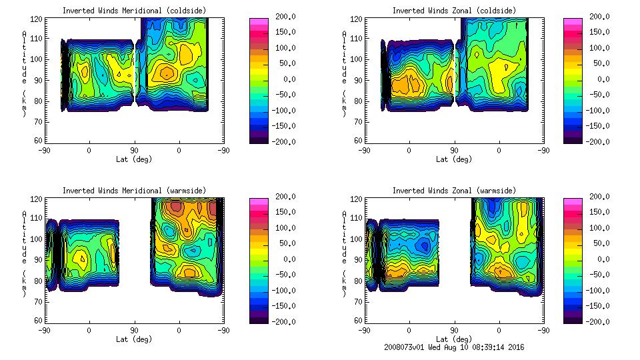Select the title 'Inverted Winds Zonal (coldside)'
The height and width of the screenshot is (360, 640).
(x=454, y=11)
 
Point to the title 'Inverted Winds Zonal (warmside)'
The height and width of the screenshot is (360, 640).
(x=454, y=191)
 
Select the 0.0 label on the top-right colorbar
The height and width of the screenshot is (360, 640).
(x=599, y=79)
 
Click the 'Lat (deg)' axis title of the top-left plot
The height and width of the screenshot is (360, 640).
(x=134, y=159)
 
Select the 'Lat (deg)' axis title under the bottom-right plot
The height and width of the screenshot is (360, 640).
(x=454, y=339)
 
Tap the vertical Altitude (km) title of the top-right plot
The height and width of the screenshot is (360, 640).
(x=343, y=73)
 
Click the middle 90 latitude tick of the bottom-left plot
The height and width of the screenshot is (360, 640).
(x=134, y=330)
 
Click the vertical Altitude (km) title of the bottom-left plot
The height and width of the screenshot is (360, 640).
(x=25, y=253)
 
